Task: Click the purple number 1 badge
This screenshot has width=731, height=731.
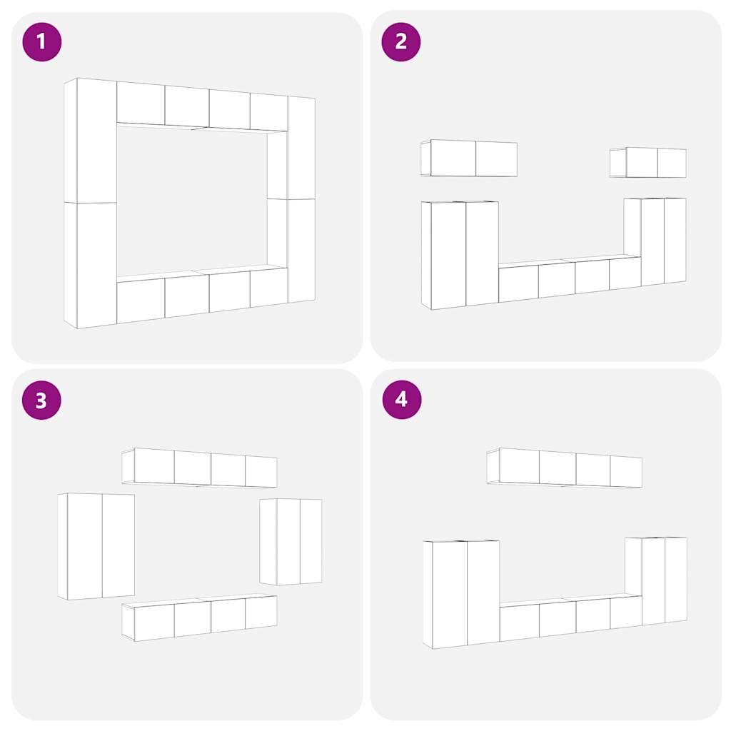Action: (42, 42)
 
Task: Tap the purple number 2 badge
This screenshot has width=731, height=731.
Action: (401, 42)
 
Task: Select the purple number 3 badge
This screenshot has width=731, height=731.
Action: (42, 400)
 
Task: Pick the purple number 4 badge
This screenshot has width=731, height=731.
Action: (402, 400)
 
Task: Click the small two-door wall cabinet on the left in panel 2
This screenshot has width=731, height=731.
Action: (469, 158)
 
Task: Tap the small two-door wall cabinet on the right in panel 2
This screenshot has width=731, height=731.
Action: (648, 163)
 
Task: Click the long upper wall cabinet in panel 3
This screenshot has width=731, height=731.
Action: (200, 468)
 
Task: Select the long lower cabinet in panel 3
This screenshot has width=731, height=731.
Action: (200, 617)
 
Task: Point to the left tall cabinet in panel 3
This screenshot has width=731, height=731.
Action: (96, 546)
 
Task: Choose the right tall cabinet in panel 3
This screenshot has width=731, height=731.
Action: (291, 542)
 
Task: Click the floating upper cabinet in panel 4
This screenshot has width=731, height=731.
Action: (564, 468)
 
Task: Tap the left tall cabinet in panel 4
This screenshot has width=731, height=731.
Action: (461, 595)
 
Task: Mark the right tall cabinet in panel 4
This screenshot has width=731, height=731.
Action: (656, 581)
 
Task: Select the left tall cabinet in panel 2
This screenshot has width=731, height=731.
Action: (460, 255)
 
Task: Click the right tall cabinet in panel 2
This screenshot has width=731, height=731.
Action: (655, 241)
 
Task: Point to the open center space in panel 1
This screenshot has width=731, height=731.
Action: (191, 201)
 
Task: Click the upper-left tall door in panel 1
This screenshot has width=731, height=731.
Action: (96, 141)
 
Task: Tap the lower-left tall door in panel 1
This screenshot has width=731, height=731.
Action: (96, 266)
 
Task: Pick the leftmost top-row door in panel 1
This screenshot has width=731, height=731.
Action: (141, 103)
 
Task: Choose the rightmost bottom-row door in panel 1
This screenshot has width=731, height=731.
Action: (269, 288)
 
